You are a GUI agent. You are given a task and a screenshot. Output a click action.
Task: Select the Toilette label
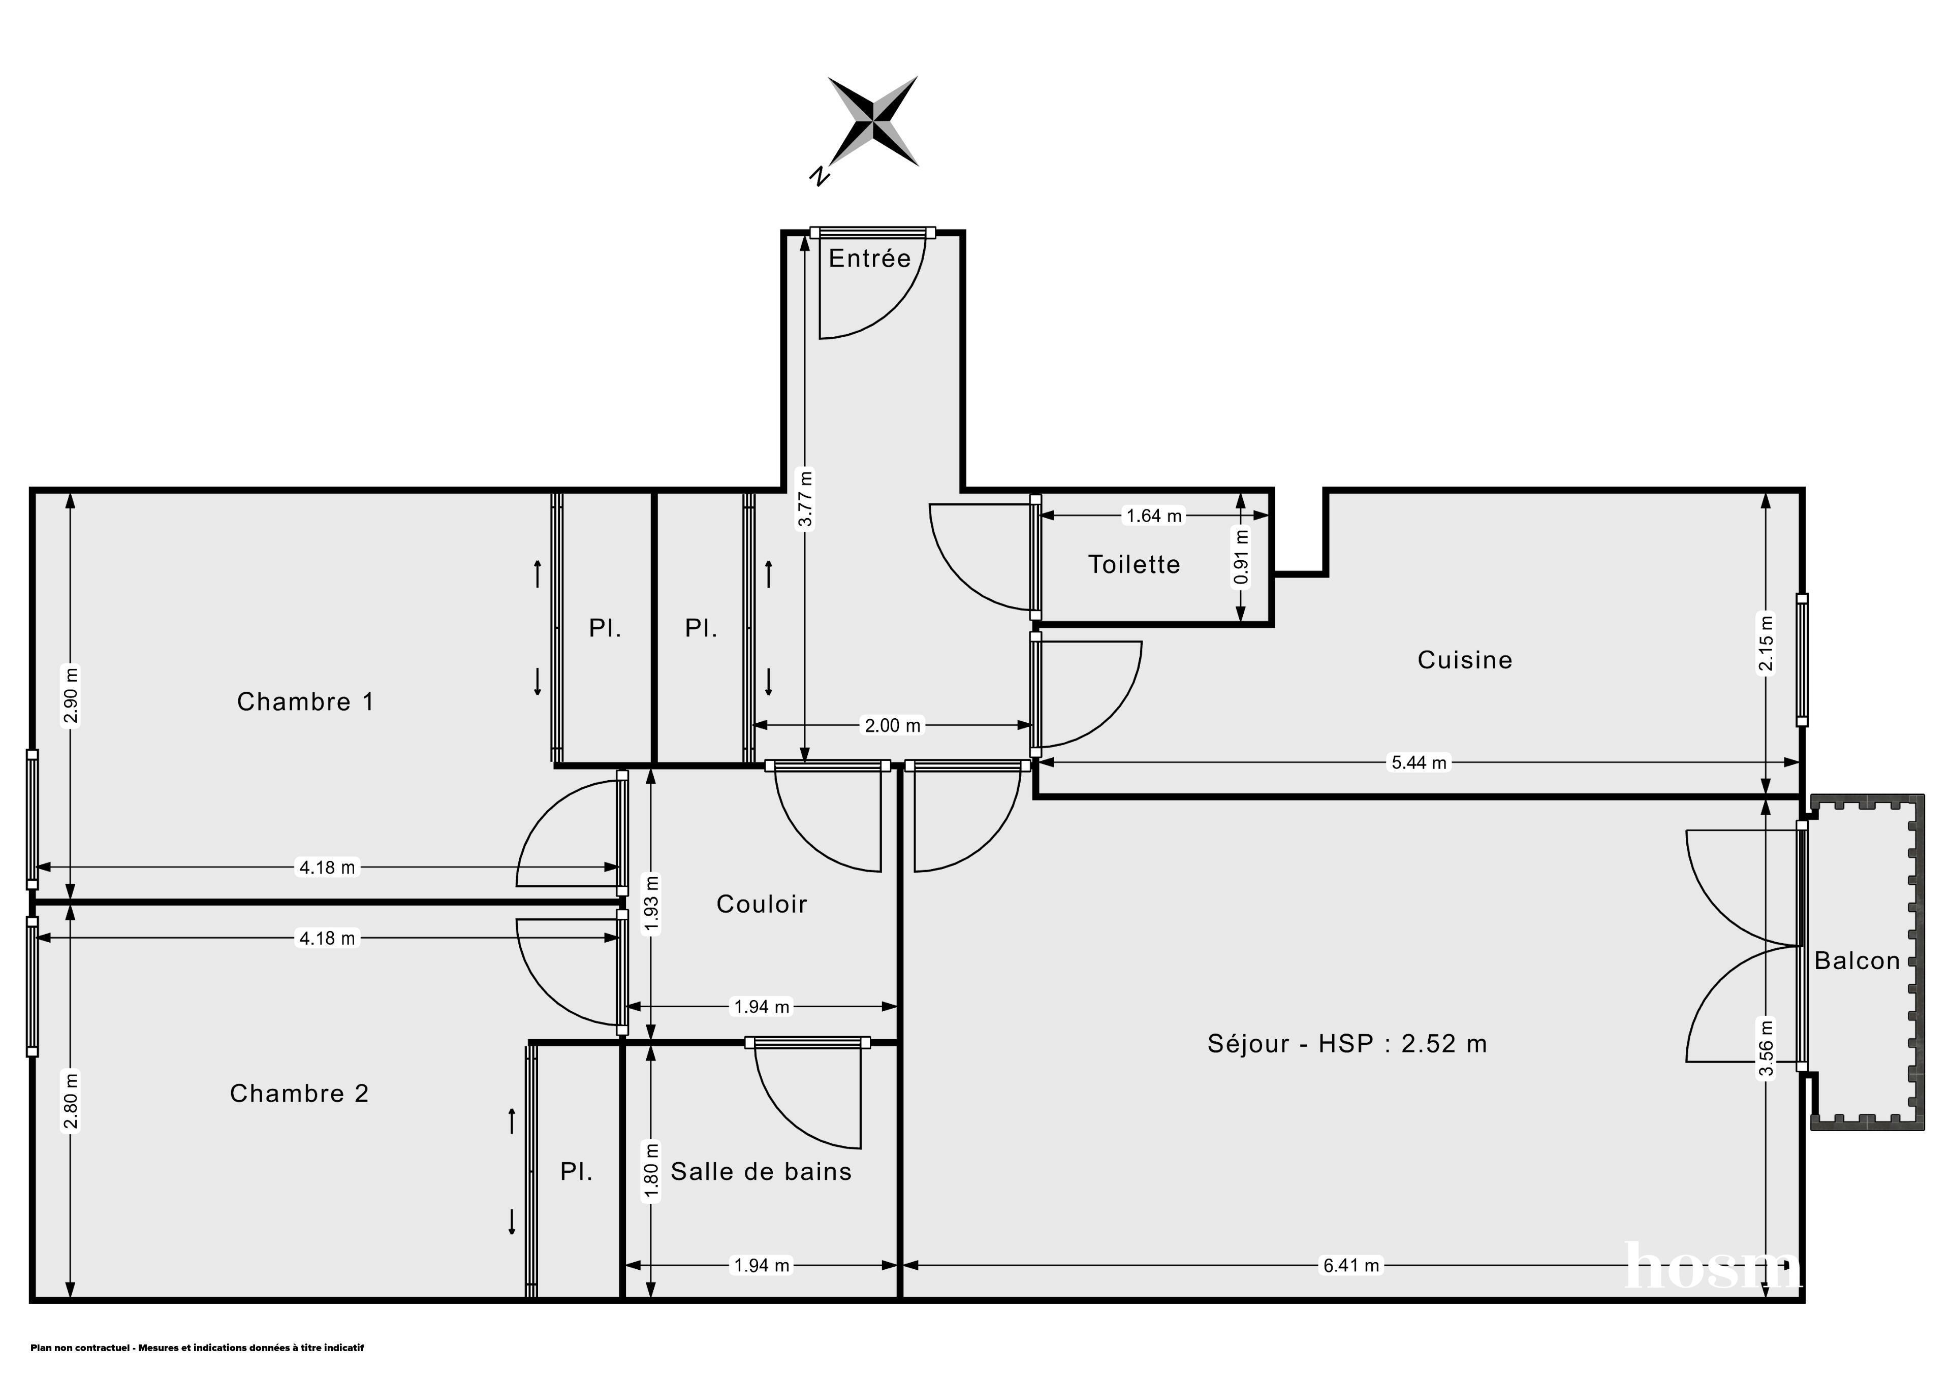(1135, 564)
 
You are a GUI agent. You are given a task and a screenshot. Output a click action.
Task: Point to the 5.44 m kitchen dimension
(1418, 762)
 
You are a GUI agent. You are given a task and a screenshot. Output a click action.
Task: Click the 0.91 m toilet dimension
(1241, 557)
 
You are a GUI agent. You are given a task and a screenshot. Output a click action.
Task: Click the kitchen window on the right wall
(1802, 660)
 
